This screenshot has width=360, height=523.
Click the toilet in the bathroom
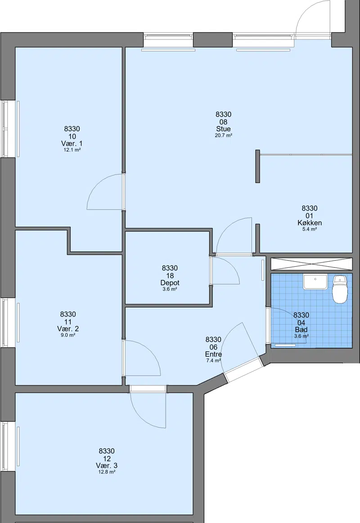point(340,289)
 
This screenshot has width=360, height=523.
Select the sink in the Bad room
point(315,282)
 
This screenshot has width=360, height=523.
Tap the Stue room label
point(223,129)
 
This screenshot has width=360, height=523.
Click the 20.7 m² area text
point(223,135)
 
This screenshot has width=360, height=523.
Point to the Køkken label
point(309,223)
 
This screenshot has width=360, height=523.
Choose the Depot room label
point(170,282)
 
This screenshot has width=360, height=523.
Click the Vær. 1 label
point(72,143)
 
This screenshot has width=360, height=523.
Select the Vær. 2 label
point(68,329)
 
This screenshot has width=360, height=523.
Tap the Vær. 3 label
point(107,465)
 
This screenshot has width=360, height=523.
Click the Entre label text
point(213,354)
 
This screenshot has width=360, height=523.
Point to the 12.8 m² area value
point(107,472)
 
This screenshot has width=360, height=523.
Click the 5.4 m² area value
point(309,229)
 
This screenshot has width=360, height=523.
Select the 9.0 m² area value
point(68,335)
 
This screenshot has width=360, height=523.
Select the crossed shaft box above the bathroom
point(311,264)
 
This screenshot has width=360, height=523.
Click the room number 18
point(170,276)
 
